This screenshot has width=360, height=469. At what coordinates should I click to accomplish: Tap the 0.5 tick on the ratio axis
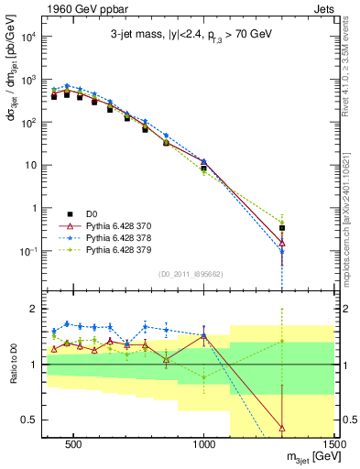click(37, 421)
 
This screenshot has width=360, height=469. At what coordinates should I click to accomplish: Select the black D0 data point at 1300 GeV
click(282, 228)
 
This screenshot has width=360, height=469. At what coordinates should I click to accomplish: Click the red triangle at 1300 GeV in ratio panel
click(282, 427)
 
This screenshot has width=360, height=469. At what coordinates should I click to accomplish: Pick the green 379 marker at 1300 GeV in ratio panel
click(282, 342)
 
